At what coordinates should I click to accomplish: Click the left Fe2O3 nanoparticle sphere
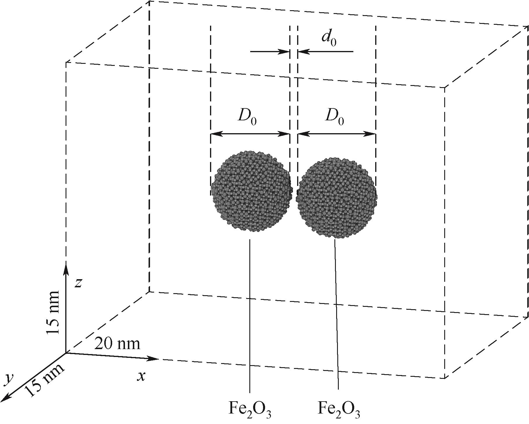(251, 191)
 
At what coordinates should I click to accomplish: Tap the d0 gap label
(329, 38)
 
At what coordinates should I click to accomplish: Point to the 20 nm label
(117, 344)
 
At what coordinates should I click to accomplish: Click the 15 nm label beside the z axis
(54, 312)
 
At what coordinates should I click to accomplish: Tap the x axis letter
(141, 377)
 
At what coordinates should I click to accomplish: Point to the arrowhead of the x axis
(153, 358)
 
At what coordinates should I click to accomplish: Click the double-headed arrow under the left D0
(250, 134)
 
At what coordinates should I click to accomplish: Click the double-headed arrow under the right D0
(336, 134)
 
